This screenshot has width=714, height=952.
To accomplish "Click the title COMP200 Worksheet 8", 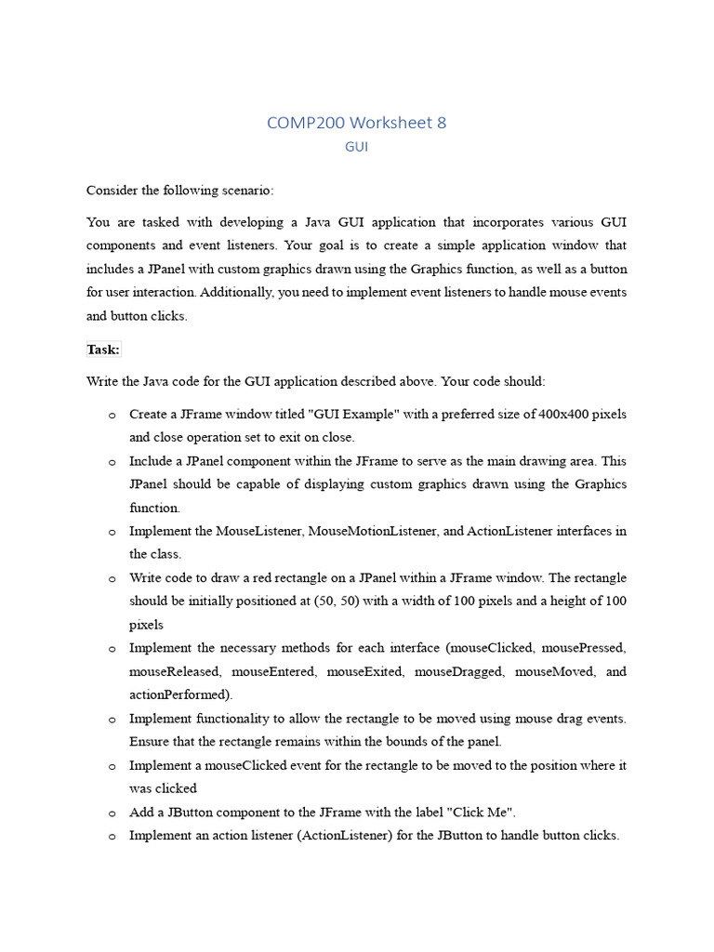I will point(356,123).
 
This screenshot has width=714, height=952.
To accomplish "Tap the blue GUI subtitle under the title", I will point(356,147).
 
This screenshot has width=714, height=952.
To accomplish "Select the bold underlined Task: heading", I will point(103,350).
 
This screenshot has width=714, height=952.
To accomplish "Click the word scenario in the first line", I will point(244,191).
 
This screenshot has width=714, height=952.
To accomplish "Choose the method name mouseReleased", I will point(174,671).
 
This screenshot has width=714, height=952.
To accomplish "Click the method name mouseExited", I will point(363,671).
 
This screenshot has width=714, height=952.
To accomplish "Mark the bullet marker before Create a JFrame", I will point(111,415).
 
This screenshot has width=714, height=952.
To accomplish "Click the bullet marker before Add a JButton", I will point(111,813).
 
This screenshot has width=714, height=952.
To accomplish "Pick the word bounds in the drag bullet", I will point(350,741).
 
